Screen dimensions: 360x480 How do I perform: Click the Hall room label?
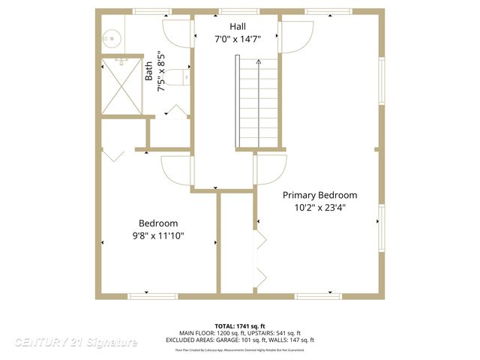pos(237,27)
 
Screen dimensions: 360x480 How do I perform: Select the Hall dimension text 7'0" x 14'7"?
pos(237,40)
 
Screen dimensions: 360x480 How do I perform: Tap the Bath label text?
pos(148,71)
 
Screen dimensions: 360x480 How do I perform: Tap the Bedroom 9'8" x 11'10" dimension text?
pos(158,235)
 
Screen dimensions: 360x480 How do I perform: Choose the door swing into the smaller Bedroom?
pos(178,171)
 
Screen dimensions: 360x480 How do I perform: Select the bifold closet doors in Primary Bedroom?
pos(259,259)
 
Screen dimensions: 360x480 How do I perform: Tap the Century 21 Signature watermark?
pos(76,343)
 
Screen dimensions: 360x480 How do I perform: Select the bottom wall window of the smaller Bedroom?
pos(153,296)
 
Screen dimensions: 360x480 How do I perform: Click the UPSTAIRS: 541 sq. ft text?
pos(277,333)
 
